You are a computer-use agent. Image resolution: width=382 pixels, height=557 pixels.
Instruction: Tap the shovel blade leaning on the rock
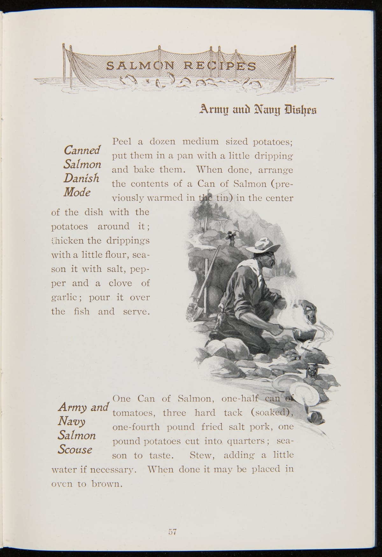pyautogui.click(x=196, y=310)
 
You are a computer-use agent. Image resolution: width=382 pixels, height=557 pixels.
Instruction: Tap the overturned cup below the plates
pyautogui.click(x=317, y=417)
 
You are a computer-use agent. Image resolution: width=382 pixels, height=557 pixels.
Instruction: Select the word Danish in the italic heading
pyautogui.click(x=81, y=178)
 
